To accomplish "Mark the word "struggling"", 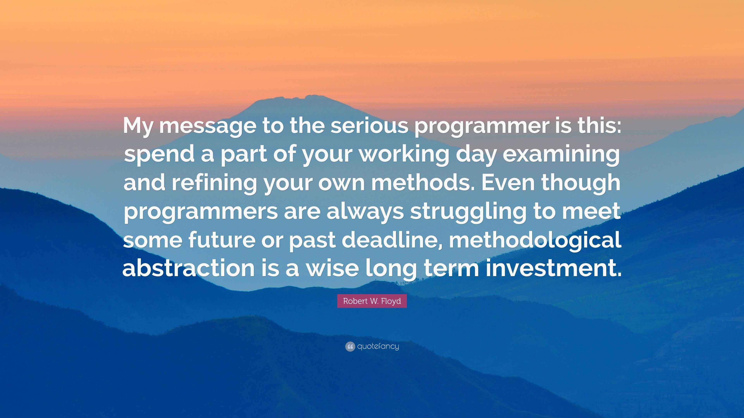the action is [468, 212].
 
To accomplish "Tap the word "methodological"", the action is [535, 240].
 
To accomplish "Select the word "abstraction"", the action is [189, 267].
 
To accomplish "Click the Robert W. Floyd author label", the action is [372, 301].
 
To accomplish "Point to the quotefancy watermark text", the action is [378, 346].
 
